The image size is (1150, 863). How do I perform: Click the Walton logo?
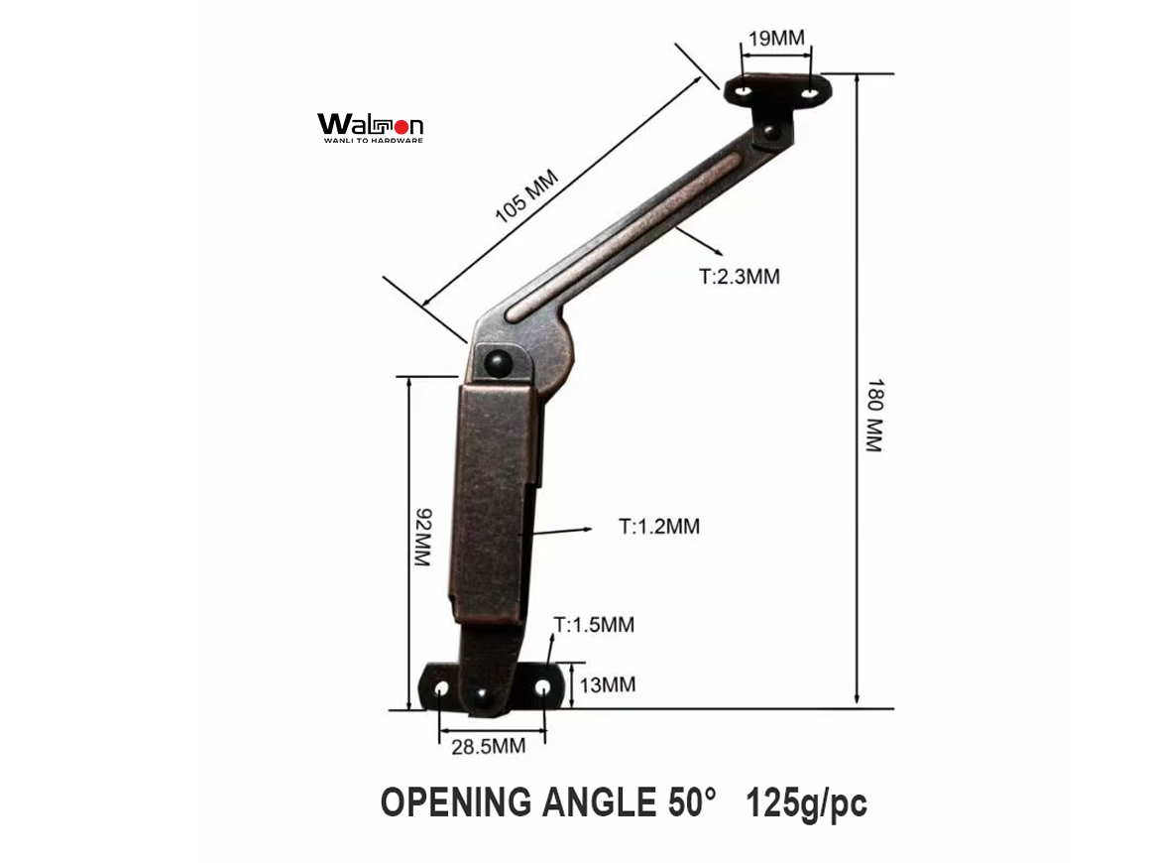(370, 127)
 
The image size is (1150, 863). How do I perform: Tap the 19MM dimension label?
(777, 40)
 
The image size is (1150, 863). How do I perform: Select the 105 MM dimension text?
(527, 196)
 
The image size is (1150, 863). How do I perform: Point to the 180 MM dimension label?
(872, 415)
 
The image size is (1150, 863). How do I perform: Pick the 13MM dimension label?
(608, 684)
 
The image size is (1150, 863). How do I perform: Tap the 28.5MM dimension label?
(489, 746)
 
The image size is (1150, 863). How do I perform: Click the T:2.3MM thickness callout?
(740, 277)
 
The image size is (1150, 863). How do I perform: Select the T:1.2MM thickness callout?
(659, 527)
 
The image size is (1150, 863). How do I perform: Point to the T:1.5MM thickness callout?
(594, 625)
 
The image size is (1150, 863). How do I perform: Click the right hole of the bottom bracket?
(542, 687)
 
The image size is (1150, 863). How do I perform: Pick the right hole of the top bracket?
(810, 92)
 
